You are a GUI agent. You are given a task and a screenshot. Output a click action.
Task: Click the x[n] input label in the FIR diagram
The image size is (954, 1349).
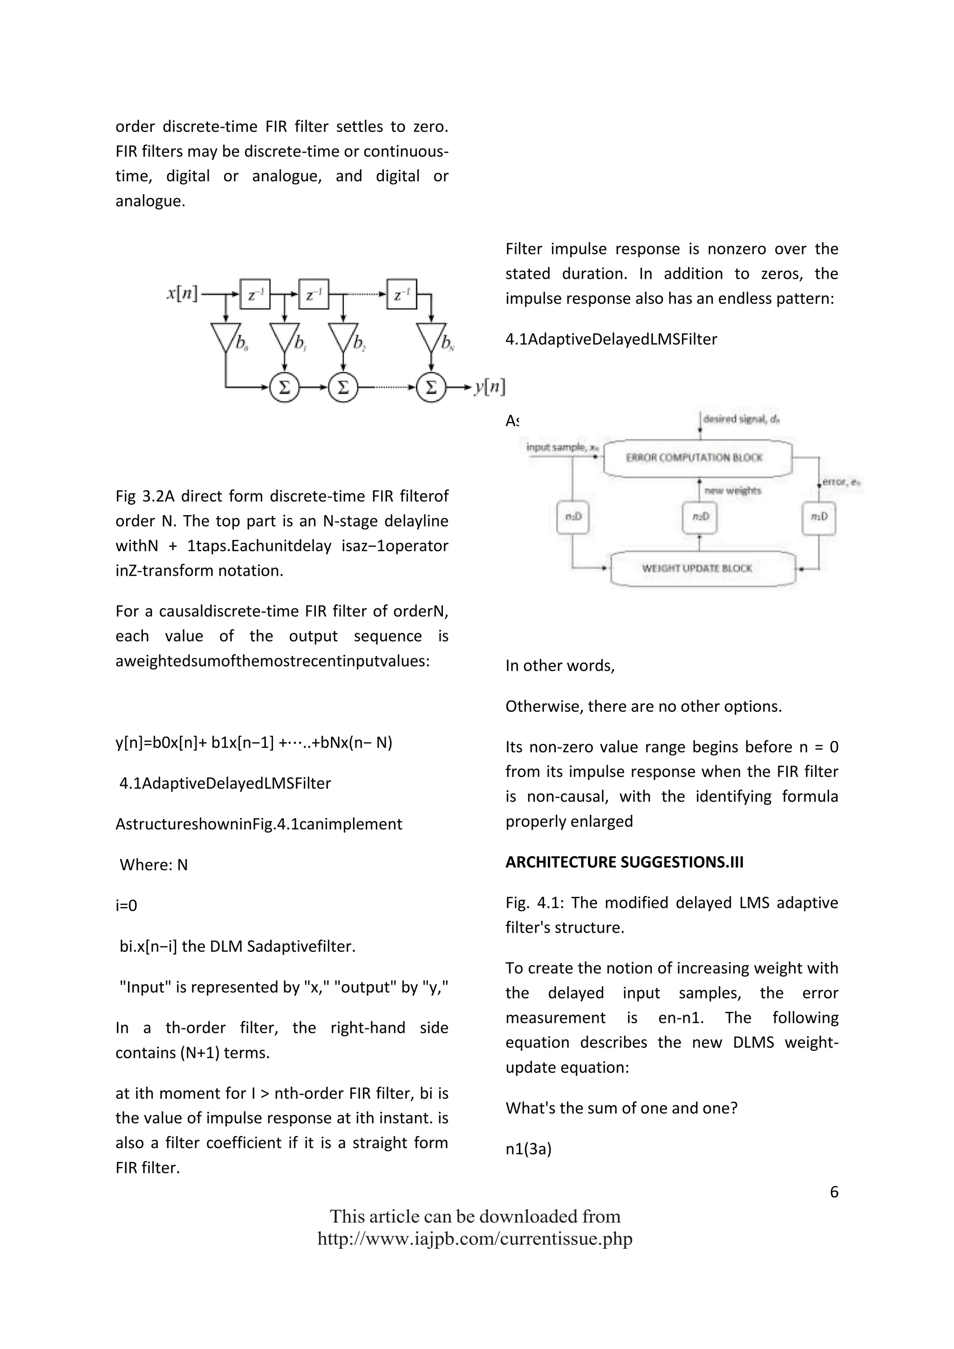tap(182, 293)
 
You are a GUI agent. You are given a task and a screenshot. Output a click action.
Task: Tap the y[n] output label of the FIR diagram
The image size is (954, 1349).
tap(489, 387)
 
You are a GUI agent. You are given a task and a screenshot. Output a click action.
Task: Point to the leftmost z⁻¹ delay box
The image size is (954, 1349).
tap(255, 294)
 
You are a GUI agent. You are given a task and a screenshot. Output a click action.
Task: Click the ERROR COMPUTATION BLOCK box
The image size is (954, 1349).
tap(697, 458)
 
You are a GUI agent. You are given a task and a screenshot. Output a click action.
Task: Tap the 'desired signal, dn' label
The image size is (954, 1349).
tap(741, 419)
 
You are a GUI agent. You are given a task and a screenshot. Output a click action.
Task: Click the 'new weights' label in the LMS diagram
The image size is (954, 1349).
tap(733, 491)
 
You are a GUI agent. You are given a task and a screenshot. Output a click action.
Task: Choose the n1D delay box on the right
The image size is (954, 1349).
tap(819, 517)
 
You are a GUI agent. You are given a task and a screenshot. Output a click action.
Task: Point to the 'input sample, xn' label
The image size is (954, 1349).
tap(562, 448)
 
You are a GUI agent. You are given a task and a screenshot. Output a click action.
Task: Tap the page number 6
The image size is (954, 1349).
tap(833, 1192)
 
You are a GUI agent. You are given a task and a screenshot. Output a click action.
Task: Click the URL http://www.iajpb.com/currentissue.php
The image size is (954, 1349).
tap(475, 1239)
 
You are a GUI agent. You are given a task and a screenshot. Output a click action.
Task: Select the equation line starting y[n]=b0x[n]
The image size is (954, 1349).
tap(253, 743)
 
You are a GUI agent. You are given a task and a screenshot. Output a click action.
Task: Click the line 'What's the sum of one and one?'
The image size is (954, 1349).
tap(621, 1108)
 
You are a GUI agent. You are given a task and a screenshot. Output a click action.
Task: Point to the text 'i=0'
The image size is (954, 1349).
tap(126, 906)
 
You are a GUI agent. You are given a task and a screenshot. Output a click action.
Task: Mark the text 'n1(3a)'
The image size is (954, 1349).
tap(528, 1149)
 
